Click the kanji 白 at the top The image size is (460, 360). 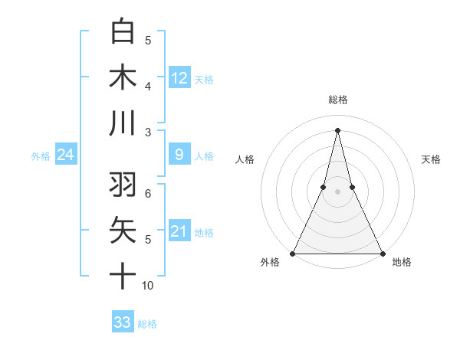122,31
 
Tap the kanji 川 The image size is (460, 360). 122,123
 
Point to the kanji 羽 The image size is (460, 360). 122,185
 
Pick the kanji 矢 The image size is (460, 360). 122,231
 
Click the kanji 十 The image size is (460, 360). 122,277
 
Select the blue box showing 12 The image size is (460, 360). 179,78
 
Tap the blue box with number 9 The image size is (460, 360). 179,155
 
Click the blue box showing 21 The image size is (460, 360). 179,231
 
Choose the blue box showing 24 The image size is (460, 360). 65,155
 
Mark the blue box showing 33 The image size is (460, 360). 122,322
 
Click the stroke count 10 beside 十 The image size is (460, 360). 148,286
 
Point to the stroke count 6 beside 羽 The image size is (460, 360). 147,194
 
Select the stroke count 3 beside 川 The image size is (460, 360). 147,132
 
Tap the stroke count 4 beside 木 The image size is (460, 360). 147,86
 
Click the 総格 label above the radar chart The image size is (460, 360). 337,100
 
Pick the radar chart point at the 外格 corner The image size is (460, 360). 293,253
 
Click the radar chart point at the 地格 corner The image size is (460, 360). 382,253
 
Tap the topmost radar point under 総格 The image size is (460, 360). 337,129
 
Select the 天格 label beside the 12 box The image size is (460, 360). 204,79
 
